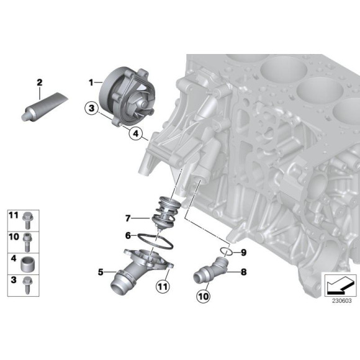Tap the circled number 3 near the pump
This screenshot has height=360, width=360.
92,110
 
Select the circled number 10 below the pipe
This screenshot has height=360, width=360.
202,297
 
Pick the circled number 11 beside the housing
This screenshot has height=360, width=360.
163,287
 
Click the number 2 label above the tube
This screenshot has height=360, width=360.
39,82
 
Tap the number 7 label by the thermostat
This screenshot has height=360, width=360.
128,218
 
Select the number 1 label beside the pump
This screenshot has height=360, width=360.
90,81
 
